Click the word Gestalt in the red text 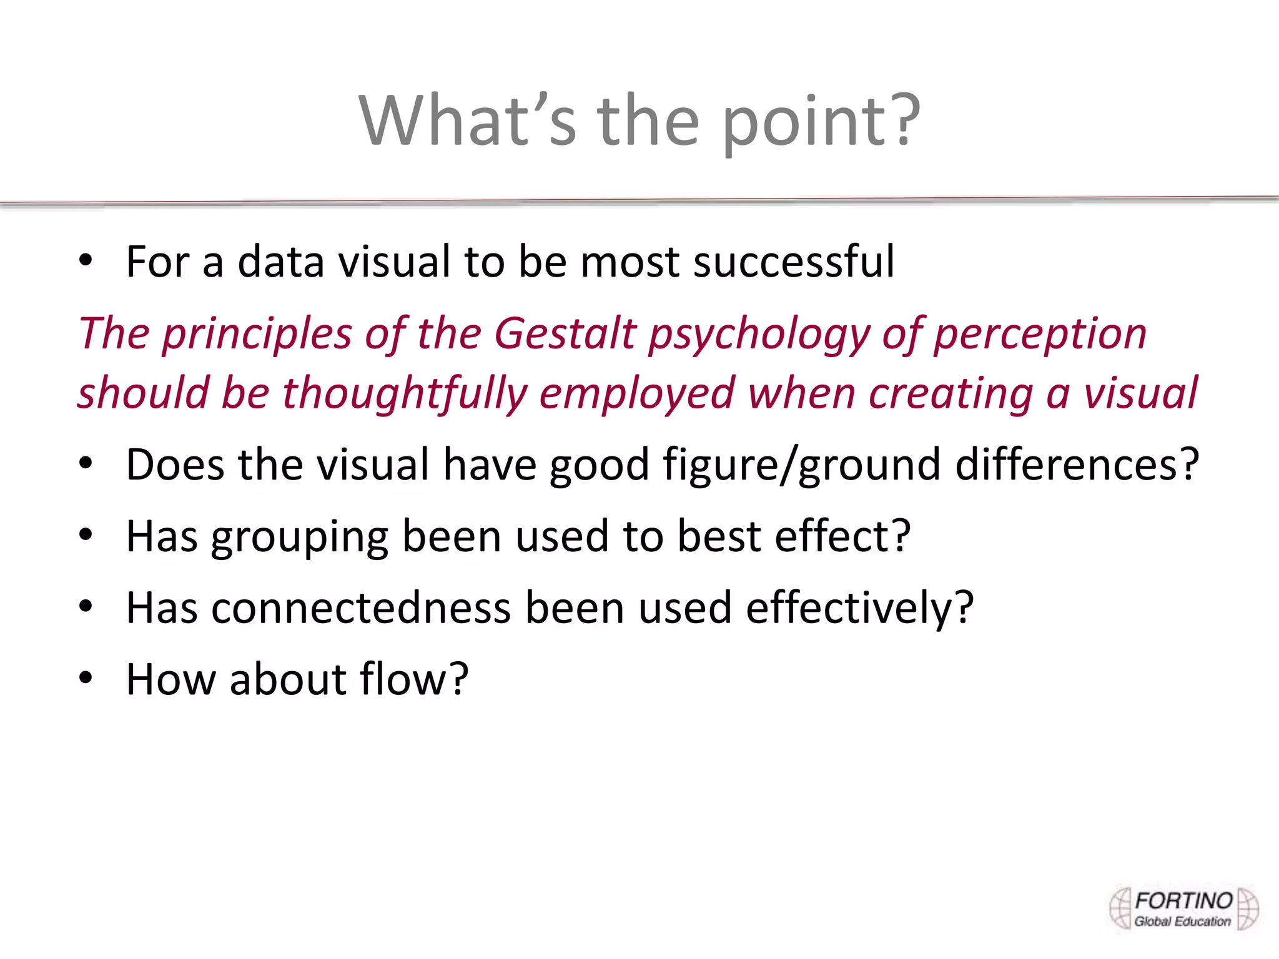tap(565, 333)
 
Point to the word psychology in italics tap(759, 335)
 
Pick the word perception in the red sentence tap(1040, 335)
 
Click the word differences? tap(1077, 465)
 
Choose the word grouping tap(300, 537)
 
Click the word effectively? tap(859, 608)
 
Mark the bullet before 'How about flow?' tap(86, 678)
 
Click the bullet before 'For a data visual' tap(86, 261)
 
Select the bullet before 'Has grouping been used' tap(86, 536)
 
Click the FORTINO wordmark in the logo tap(1183, 901)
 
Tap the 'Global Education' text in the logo tap(1182, 922)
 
